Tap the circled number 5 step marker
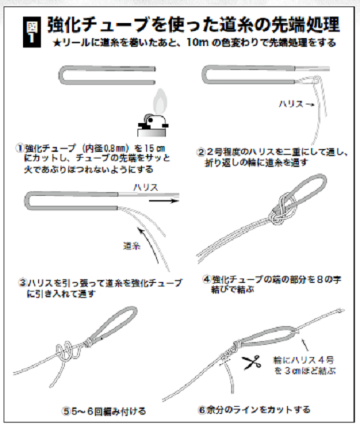click(67, 411)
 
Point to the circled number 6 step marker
click(202, 410)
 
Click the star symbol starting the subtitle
click(57, 43)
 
